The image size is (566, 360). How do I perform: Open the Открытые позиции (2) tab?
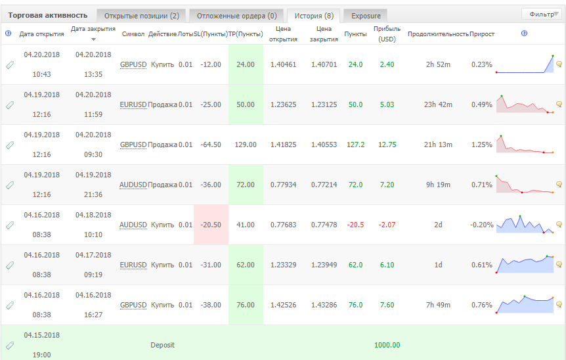(x=142, y=16)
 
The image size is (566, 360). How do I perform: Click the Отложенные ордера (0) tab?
(x=237, y=16)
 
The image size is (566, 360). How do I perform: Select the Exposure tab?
(x=366, y=16)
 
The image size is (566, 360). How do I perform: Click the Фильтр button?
(x=542, y=14)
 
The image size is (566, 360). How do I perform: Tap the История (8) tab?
(x=314, y=16)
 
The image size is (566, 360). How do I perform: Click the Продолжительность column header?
(x=438, y=34)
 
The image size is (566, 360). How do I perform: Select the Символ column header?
(x=133, y=34)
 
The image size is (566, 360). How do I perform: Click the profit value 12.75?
(x=387, y=145)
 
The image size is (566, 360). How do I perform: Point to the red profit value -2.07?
(x=387, y=225)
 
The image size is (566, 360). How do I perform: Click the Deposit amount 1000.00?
(x=387, y=345)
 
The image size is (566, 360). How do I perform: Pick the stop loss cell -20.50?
(x=211, y=225)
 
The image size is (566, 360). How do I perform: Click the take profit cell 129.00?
(x=246, y=145)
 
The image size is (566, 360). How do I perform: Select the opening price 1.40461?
(x=284, y=64)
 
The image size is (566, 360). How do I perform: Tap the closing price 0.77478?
(x=324, y=225)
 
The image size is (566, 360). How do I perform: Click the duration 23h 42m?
(x=438, y=104)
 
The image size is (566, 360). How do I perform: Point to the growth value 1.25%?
(x=481, y=145)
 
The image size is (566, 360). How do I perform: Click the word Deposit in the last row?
(x=162, y=345)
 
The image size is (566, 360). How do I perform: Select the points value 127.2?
(x=355, y=145)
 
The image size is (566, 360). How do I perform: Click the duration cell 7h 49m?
(x=438, y=305)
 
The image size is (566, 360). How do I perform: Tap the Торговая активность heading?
(x=48, y=15)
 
